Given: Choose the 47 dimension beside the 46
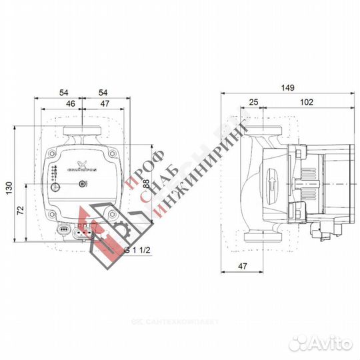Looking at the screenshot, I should point(97,104).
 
